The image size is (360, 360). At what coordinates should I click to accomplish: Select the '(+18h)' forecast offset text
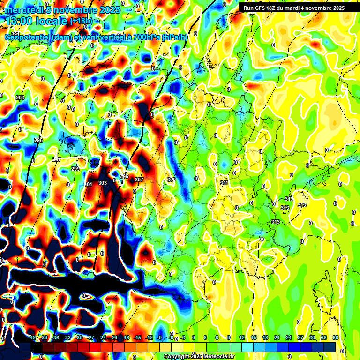[x=81, y=21]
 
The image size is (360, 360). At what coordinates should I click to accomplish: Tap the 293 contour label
[x=20, y=97]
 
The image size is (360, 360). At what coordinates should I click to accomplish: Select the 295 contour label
[x=38, y=140]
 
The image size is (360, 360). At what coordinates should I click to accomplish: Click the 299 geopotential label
[x=75, y=169]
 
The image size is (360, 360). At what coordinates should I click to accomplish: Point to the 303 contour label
[x=103, y=183]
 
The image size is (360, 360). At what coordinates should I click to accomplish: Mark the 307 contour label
[x=139, y=180]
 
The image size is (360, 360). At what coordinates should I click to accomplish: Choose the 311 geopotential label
[x=224, y=183]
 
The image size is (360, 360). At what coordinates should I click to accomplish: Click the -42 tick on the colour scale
[x=32, y=337]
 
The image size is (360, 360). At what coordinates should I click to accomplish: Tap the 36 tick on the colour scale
[x=336, y=337]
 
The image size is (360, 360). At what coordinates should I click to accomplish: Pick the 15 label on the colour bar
[x=254, y=337]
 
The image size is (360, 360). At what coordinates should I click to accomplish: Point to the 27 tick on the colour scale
[x=300, y=337]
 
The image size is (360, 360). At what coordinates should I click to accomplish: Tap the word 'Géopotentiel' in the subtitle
[x=28, y=37]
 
